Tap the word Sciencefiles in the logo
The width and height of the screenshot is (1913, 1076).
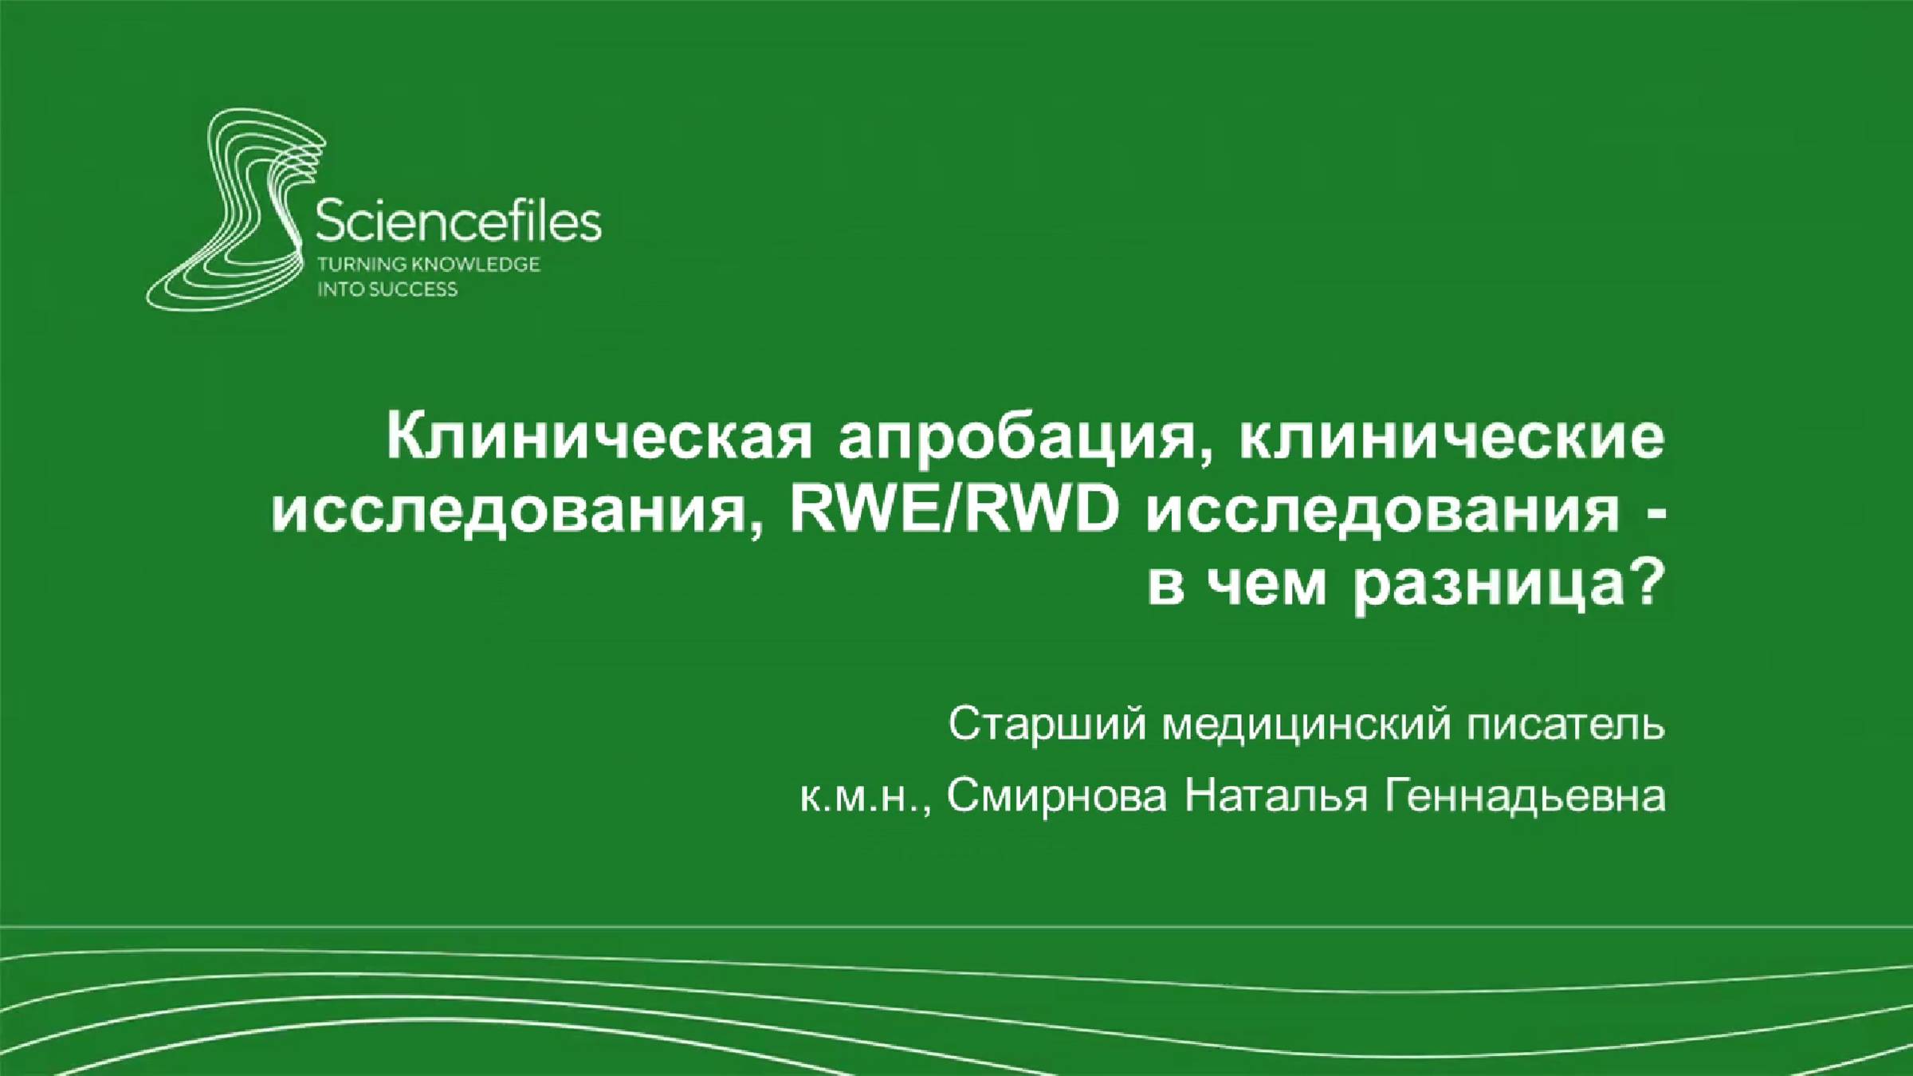pos(458,222)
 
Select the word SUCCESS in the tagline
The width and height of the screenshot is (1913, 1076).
pos(413,289)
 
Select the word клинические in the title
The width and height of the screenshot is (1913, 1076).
pos(1451,438)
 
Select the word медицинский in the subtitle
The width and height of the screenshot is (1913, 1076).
pos(1306,724)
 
